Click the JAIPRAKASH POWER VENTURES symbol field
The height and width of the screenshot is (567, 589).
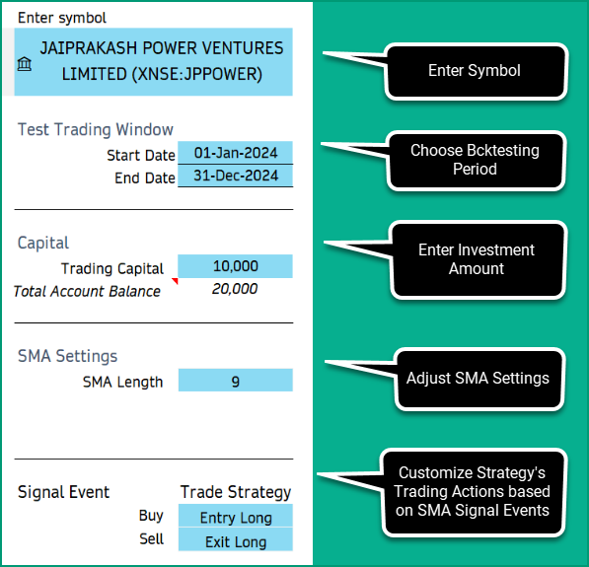click(159, 61)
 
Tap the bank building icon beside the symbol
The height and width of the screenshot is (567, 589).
click(24, 64)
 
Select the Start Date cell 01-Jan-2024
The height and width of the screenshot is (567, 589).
click(235, 153)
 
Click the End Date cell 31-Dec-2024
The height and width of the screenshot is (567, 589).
click(235, 177)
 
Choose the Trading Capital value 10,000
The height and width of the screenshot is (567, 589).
click(235, 266)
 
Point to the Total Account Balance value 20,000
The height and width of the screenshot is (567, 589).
click(235, 289)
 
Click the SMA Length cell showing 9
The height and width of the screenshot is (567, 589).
click(235, 381)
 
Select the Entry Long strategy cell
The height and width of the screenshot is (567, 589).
click(236, 518)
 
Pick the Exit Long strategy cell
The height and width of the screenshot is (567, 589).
click(236, 541)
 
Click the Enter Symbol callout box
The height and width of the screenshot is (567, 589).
click(475, 71)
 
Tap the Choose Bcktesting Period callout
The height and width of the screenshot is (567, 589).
click(475, 160)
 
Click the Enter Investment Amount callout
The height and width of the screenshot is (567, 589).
click(477, 259)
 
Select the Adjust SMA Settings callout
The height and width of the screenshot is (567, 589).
click(478, 379)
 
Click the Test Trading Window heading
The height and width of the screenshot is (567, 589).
click(96, 129)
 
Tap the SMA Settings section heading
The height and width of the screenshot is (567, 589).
click(68, 356)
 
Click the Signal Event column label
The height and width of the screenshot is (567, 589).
click(64, 492)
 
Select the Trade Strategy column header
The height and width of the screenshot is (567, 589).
click(236, 492)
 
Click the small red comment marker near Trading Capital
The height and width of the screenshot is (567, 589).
click(175, 281)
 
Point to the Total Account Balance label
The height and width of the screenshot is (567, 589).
click(87, 291)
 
